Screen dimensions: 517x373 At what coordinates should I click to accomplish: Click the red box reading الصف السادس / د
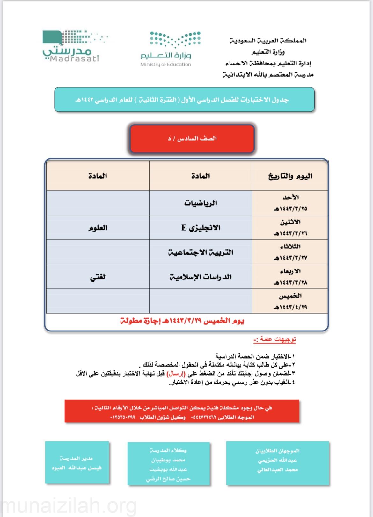[x=192, y=139]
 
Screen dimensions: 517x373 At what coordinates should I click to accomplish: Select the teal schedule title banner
[x=184, y=100]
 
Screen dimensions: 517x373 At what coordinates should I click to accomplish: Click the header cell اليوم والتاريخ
[x=290, y=176]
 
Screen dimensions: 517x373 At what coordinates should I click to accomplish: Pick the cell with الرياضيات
[x=201, y=203]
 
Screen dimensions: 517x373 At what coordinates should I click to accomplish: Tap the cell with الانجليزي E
[x=201, y=228]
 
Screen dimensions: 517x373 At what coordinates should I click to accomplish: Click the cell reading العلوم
[x=98, y=228]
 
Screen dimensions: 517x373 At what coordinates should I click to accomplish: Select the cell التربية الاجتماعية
[x=201, y=252]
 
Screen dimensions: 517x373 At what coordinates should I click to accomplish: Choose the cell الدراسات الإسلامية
[x=201, y=277]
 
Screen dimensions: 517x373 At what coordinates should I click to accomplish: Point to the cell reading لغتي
[x=98, y=277]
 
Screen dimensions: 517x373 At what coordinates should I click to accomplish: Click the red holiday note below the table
[x=182, y=321]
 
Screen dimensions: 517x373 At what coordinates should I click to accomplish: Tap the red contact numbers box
[x=182, y=411]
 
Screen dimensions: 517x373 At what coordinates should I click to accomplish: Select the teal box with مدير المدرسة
[x=77, y=462]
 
